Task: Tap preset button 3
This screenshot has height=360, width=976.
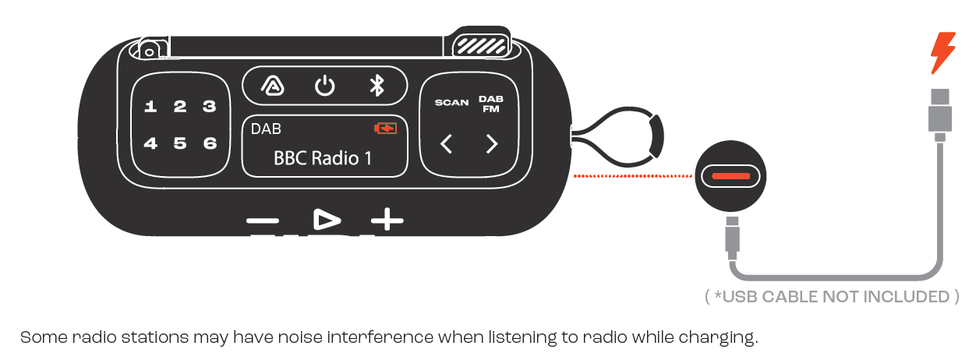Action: coord(210,106)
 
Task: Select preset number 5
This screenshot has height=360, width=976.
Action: coord(180,143)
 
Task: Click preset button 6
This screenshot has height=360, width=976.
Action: coord(210,143)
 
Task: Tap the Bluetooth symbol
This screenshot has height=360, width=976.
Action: coord(377,85)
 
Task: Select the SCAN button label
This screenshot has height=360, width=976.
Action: coord(452,103)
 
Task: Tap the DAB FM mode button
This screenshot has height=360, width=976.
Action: coord(491,104)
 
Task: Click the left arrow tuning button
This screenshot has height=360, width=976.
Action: coord(446,144)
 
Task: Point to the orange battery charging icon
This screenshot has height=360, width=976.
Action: coord(386,129)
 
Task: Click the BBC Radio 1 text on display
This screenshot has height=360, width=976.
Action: coord(323,158)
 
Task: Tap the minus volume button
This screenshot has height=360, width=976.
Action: coord(263,221)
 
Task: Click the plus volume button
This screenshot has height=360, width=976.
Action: coord(387,220)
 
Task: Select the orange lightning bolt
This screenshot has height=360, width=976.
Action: coord(943,53)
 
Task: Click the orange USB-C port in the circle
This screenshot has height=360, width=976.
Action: coord(730,176)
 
